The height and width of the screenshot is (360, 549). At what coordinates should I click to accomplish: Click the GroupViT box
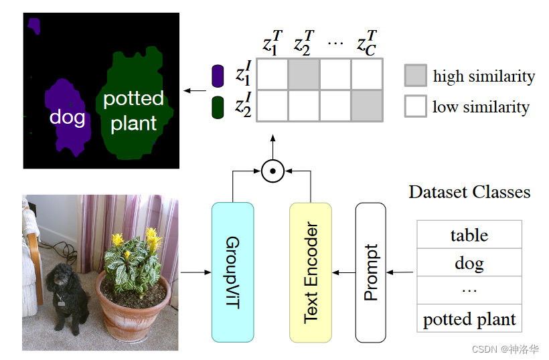[232, 272]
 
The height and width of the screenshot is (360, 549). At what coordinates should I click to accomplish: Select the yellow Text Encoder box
[311, 272]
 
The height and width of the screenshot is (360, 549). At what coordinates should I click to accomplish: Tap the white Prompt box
[370, 272]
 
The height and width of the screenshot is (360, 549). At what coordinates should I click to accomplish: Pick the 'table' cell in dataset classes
[469, 235]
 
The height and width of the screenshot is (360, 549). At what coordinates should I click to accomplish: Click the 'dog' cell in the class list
[469, 263]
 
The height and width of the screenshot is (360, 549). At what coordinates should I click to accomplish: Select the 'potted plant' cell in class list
[469, 319]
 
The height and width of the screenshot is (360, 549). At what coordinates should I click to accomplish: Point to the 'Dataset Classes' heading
[469, 193]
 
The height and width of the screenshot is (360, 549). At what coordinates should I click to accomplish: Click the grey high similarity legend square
[416, 76]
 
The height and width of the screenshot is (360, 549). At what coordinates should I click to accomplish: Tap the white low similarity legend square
[416, 106]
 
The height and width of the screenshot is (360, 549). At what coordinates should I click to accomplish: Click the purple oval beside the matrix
[217, 76]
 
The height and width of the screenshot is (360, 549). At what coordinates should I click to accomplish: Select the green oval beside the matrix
[217, 107]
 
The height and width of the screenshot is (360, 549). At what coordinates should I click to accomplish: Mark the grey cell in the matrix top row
[303, 74]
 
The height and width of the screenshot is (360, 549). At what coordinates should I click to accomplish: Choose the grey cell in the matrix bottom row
[366, 106]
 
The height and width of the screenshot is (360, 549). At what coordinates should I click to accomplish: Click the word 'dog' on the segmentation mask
[67, 118]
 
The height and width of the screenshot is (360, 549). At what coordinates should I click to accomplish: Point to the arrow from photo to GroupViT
[195, 272]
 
